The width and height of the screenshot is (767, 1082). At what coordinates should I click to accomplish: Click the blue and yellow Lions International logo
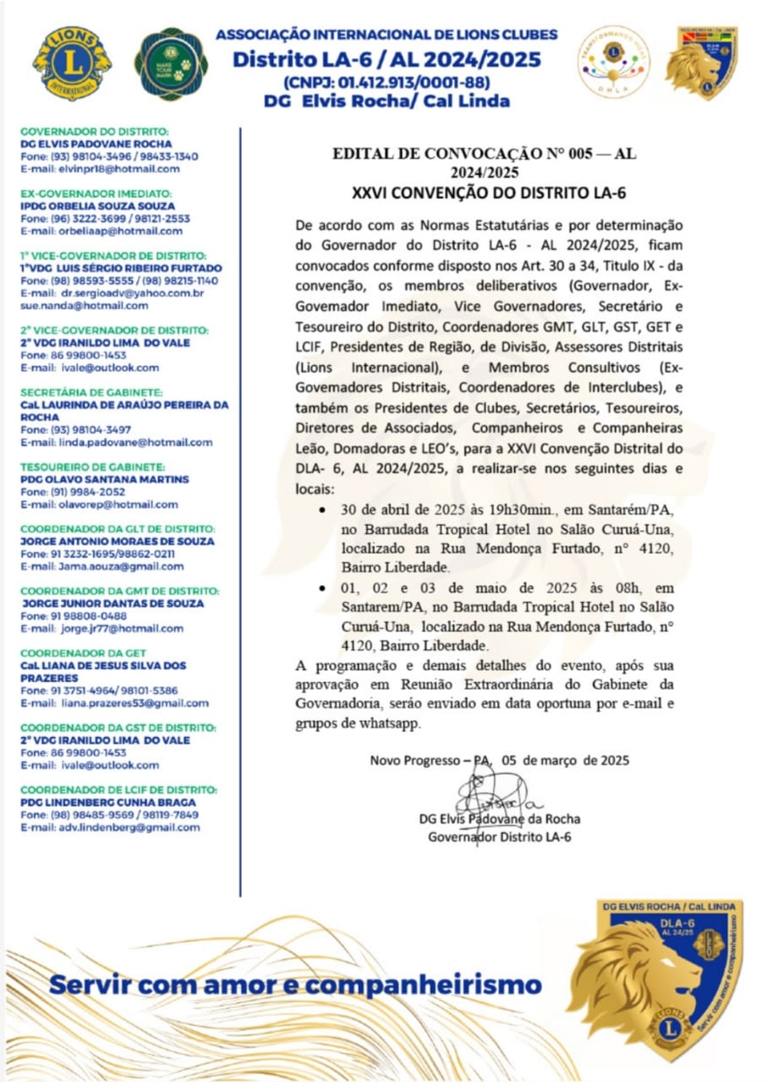click(x=72, y=63)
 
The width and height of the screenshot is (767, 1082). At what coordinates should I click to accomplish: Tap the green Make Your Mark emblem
click(x=171, y=64)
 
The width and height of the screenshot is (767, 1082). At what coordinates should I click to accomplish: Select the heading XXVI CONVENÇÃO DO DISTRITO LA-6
click(x=489, y=194)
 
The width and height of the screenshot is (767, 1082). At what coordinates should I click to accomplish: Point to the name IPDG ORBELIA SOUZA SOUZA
click(x=98, y=205)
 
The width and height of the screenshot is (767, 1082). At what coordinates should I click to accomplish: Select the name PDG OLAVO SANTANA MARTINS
click(x=105, y=479)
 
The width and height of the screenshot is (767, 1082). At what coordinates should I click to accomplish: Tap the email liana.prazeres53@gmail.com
click(x=134, y=703)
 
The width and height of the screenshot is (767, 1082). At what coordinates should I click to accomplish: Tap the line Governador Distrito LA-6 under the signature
click(x=500, y=837)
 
